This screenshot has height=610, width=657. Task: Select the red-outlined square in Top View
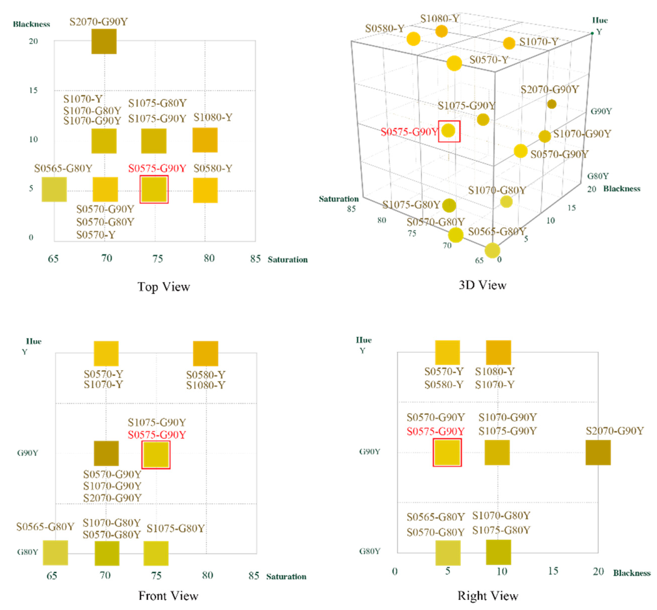tap(154, 189)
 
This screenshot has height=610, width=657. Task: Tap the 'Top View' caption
tap(164, 287)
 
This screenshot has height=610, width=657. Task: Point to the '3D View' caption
tap(482, 285)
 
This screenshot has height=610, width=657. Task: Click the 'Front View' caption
tap(168, 595)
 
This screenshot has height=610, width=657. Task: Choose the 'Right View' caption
tap(488, 595)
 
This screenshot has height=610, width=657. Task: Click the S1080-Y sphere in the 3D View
tap(441, 31)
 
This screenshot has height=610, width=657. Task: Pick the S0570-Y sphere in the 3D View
tap(454, 63)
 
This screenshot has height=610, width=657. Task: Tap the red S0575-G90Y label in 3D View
tap(409, 132)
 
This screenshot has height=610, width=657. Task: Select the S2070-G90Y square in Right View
tap(598, 452)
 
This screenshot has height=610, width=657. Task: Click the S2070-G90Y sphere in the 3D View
tap(551, 104)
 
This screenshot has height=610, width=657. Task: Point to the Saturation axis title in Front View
tap(286, 576)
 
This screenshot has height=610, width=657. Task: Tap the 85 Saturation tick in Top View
tap(255, 258)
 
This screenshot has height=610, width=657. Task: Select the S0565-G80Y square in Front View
tap(55, 552)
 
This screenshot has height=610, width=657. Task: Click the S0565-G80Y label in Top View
tap(63, 168)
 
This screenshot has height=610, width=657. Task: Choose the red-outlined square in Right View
tap(447, 452)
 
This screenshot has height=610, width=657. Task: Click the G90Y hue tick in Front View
tap(28, 452)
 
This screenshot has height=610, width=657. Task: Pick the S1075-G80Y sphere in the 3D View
tap(449, 205)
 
